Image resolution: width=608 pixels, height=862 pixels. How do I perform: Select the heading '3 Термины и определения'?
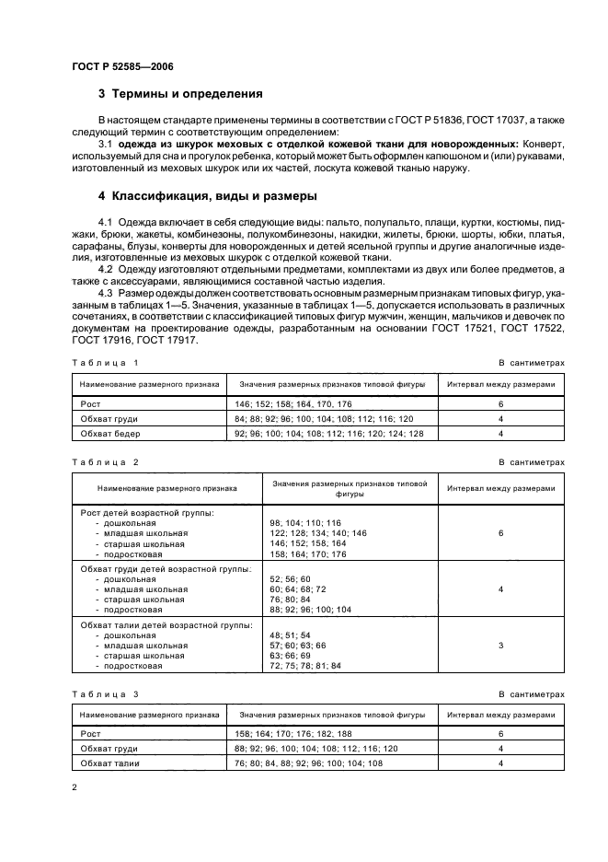180,94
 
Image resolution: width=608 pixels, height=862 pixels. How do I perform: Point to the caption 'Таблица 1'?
105,363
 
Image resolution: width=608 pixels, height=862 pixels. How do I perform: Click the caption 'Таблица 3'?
105,693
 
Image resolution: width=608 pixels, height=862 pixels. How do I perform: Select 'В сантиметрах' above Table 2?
532,461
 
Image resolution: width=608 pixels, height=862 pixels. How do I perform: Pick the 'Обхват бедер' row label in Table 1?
110,433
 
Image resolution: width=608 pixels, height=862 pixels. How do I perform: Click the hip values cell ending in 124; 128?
329,433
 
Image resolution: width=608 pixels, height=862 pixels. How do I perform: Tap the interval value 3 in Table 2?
501,646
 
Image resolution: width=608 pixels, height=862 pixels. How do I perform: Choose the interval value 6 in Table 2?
501,533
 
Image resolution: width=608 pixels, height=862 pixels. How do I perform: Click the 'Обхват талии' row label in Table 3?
110,763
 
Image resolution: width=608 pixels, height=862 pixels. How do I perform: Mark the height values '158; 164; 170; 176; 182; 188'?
293,734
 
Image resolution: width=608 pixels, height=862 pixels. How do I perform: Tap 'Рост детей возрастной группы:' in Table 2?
147,512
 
